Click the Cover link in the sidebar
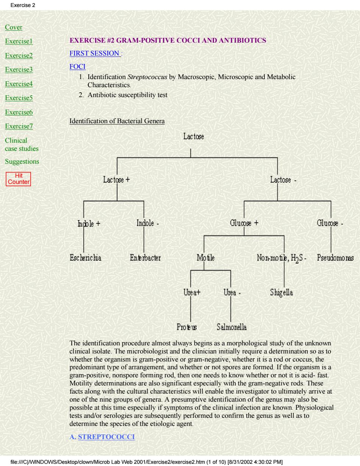pos(14,27)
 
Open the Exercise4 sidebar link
pos(19,84)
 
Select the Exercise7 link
pos(19,126)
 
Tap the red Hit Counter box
pos(18,179)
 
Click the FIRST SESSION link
pos(95,53)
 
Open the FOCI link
pos(77,67)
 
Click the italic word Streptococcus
pos(147,77)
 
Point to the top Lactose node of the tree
pos(193,136)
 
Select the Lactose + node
pos(117,179)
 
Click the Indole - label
pos(148,223)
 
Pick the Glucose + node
pos(244,223)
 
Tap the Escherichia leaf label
pos(85,257)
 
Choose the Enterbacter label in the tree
pos(145,257)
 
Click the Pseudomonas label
pos(335,257)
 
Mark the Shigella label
pos(281,292)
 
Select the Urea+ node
pos(192,292)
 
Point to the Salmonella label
pos(232,327)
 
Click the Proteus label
pos(186,327)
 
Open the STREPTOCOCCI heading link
pos(106,437)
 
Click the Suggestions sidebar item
pos(22,161)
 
